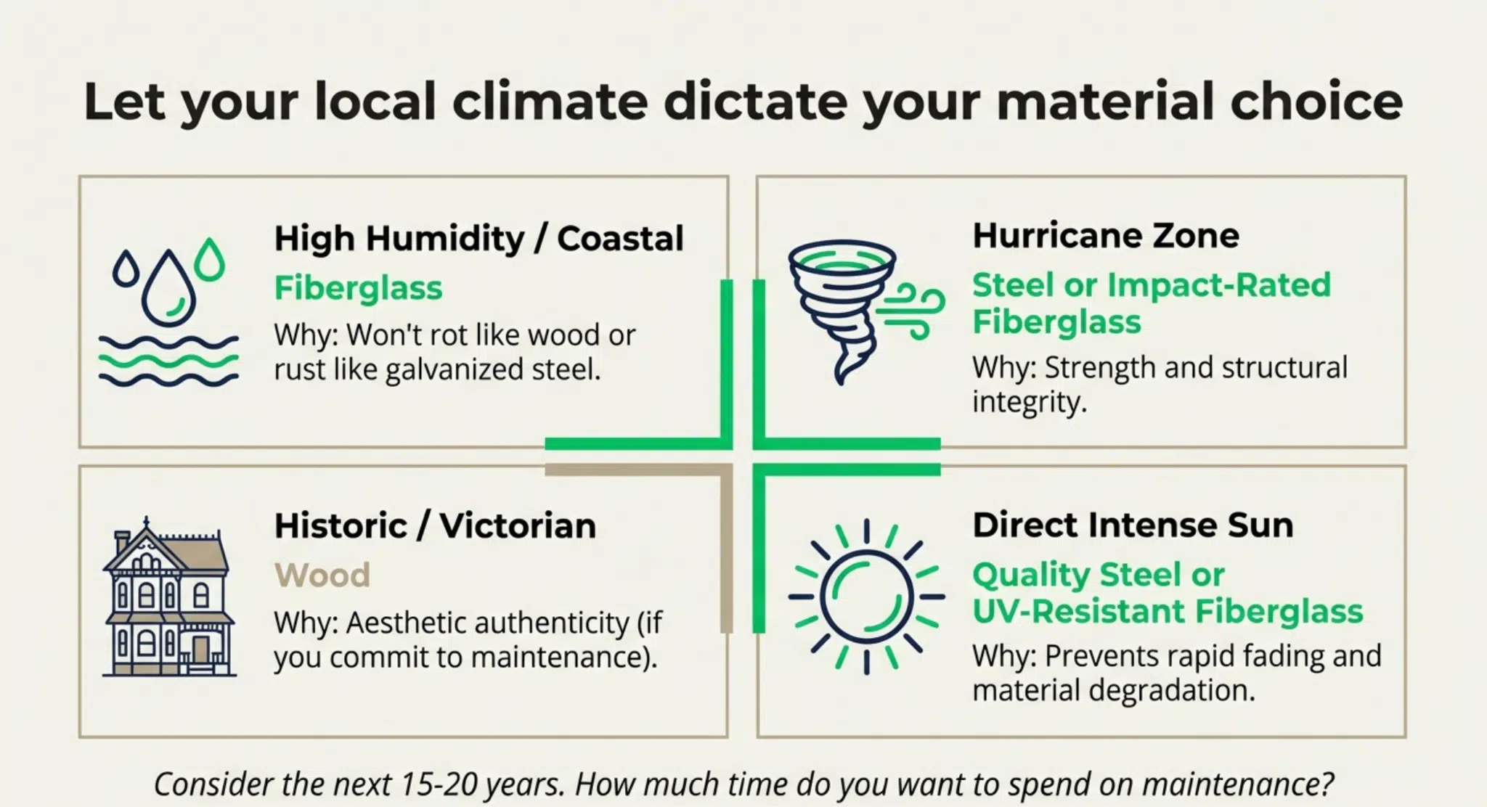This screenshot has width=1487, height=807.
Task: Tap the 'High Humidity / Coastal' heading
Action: tap(479, 239)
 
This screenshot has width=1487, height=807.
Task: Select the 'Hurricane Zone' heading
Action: tap(1106, 236)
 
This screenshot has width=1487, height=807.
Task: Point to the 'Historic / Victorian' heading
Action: tap(435, 525)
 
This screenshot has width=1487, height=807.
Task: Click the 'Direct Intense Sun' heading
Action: tap(1133, 525)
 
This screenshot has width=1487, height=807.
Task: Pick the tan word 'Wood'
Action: tap(322, 575)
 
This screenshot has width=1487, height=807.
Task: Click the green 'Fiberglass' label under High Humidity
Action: tap(358, 288)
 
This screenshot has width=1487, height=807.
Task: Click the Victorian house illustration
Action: tap(168, 597)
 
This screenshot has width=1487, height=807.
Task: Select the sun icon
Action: tap(866, 597)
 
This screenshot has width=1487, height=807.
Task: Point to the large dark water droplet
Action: tap(168, 289)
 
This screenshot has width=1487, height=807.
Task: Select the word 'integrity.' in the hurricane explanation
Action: tap(1030, 401)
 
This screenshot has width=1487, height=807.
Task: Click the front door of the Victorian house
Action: tap(200, 649)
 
